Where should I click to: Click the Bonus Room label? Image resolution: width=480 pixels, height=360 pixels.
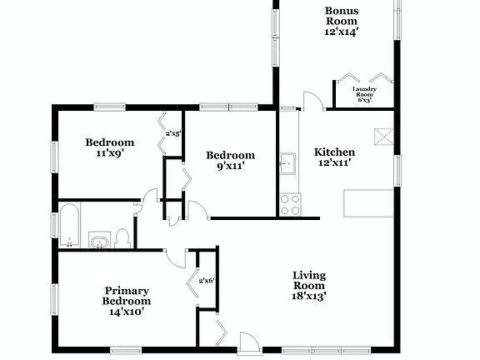pos(341,16)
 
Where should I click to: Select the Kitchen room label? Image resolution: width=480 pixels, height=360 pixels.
pos(334,152)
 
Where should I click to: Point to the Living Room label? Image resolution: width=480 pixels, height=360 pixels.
pos(308,280)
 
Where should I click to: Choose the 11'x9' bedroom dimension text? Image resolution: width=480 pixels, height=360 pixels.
pos(109,153)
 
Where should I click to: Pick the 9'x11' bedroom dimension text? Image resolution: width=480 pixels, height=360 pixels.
pos(230,166)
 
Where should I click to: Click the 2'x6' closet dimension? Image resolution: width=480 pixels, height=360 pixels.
pos(206,281)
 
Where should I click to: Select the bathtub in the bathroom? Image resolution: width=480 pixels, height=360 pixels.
pos(67,225)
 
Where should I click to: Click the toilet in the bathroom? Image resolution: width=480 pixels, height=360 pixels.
pos(122,238)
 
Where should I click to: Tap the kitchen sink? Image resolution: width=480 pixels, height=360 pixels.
pos(287,163)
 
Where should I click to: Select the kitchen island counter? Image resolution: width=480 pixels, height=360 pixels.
pos(367,203)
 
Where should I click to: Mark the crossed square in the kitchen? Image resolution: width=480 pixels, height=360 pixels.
pos(382,136)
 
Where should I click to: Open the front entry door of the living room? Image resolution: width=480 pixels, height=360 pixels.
pos(247,341)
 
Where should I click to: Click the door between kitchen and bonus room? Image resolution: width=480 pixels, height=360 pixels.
pos(312,102)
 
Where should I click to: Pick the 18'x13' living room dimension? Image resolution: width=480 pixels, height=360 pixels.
pos(308,295)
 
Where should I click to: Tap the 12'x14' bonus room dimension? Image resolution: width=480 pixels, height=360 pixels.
pos(341,31)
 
